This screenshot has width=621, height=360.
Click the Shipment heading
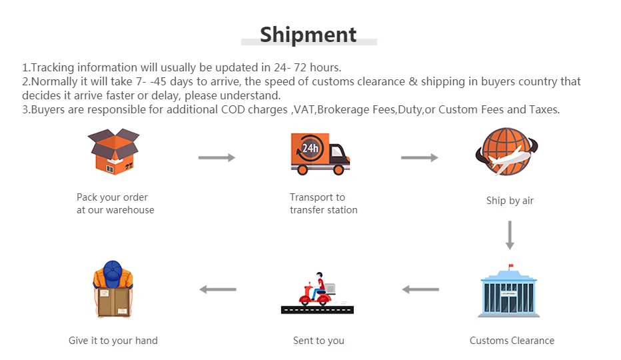309,34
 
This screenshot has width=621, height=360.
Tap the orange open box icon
114,152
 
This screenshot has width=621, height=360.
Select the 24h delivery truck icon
320,153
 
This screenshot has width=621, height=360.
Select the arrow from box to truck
217,157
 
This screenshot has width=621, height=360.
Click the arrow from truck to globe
419,157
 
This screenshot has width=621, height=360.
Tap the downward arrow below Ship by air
510,235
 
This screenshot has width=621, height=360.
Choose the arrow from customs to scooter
420,289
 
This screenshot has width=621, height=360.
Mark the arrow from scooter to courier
218,289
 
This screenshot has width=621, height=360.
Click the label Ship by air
510,201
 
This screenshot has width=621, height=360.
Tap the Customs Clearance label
512,341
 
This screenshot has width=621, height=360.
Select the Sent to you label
318,341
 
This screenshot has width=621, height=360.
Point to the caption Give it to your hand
113,341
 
